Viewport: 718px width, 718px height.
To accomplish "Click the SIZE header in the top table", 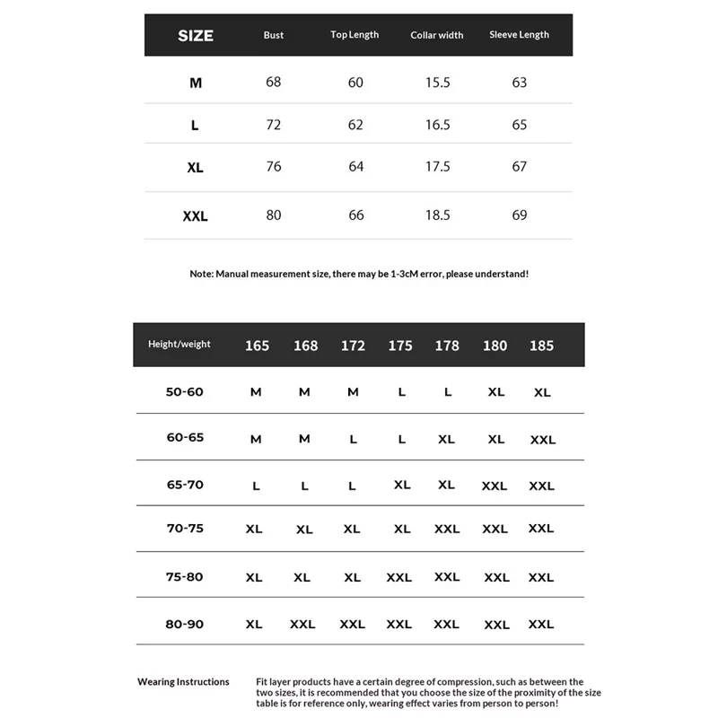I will coord(196,36).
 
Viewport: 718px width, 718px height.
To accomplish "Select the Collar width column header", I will coord(437,35).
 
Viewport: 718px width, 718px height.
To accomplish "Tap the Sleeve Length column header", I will coord(519,35).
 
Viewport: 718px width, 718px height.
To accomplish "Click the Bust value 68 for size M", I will coord(274,82).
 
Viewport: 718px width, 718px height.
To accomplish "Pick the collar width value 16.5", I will coord(437,125).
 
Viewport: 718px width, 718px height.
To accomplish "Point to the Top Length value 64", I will coord(355,167).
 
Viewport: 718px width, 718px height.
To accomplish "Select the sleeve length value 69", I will coord(520,215).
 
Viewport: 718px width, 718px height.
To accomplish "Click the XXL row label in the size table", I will coord(195,215).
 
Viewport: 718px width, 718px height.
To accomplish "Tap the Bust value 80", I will coord(274,215).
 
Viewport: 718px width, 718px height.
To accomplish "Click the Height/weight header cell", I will coord(179,345).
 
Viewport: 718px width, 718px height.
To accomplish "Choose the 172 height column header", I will coord(353,346).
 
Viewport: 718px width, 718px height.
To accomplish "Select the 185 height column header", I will coord(542,346).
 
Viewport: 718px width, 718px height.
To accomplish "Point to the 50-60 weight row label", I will coord(185,392).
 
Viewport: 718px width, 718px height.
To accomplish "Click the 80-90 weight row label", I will coord(185,624).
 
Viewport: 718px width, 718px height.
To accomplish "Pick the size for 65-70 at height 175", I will coord(402,485).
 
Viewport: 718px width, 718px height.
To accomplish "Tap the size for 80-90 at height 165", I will coord(254,624).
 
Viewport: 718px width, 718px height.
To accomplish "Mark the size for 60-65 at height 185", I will coord(543,440).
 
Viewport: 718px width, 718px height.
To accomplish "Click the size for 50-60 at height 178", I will coord(447,392).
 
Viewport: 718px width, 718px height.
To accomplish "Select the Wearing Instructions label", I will coord(183,682).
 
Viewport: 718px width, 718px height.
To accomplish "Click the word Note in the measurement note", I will coord(201,274).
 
